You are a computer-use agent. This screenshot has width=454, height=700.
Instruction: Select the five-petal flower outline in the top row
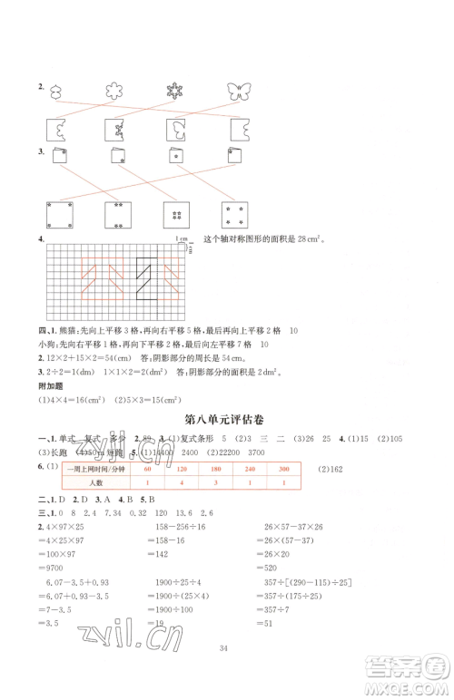tap(113, 91)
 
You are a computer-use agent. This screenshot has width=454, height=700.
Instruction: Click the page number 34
tap(228, 672)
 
